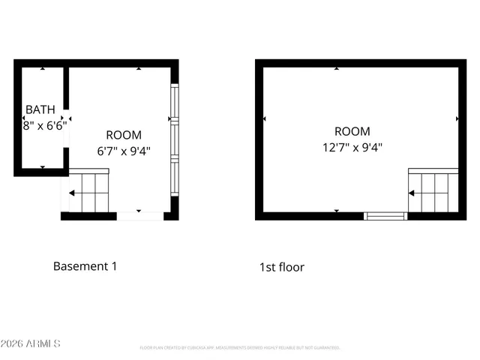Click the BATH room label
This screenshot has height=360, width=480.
tap(40, 110)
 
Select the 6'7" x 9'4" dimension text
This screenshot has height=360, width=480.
tap(124, 150)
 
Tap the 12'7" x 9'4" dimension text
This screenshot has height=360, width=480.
tap(352, 147)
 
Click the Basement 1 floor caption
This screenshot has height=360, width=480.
tap(85, 266)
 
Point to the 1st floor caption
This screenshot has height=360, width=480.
tap(282, 267)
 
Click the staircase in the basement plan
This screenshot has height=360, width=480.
tap(90, 193)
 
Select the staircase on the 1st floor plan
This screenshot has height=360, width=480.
tap(433, 193)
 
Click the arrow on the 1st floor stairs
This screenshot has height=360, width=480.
tap(412, 193)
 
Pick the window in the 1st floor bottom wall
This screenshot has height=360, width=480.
tap(385, 216)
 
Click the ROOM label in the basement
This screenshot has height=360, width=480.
tap(124, 135)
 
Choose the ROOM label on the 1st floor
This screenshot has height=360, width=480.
tap(352, 132)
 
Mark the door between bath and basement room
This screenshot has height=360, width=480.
tap(66, 119)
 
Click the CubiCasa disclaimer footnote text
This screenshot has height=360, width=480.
tap(240, 348)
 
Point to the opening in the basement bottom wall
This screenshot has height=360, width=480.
tap(140, 216)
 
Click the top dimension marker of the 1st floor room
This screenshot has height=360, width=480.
tap(337, 68)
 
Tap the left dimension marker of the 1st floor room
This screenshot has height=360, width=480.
tap(264, 119)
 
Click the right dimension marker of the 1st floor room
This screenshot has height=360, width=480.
tap(457, 119)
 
